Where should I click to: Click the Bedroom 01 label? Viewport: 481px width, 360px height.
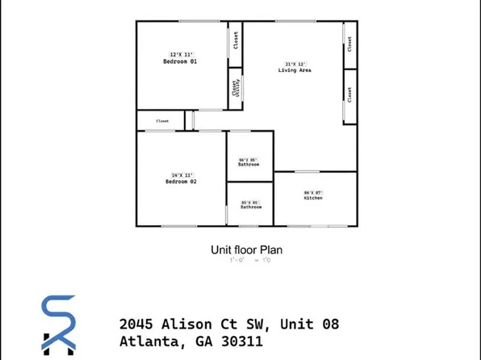[x=181, y=62]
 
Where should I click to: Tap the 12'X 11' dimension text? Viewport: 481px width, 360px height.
[x=181, y=54]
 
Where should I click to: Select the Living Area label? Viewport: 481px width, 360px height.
[x=296, y=71]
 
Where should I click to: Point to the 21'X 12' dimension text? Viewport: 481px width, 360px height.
[x=295, y=64]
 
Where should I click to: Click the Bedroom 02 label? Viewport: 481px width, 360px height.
[x=181, y=182]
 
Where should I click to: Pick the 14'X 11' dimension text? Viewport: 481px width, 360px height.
[x=181, y=175]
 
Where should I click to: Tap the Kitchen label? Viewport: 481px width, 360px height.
[x=313, y=198]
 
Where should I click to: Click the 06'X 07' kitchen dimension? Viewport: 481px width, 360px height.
[x=313, y=191]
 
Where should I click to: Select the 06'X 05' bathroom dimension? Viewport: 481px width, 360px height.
[x=248, y=159]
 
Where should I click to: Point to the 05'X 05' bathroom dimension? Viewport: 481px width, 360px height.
[x=250, y=202]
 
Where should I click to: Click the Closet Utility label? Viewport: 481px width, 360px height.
[x=236, y=88]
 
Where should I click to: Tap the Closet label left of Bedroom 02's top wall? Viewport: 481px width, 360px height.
[x=162, y=121]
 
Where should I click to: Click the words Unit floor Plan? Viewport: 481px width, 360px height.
[x=246, y=250]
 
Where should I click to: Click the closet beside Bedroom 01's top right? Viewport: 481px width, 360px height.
[x=236, y=39]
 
